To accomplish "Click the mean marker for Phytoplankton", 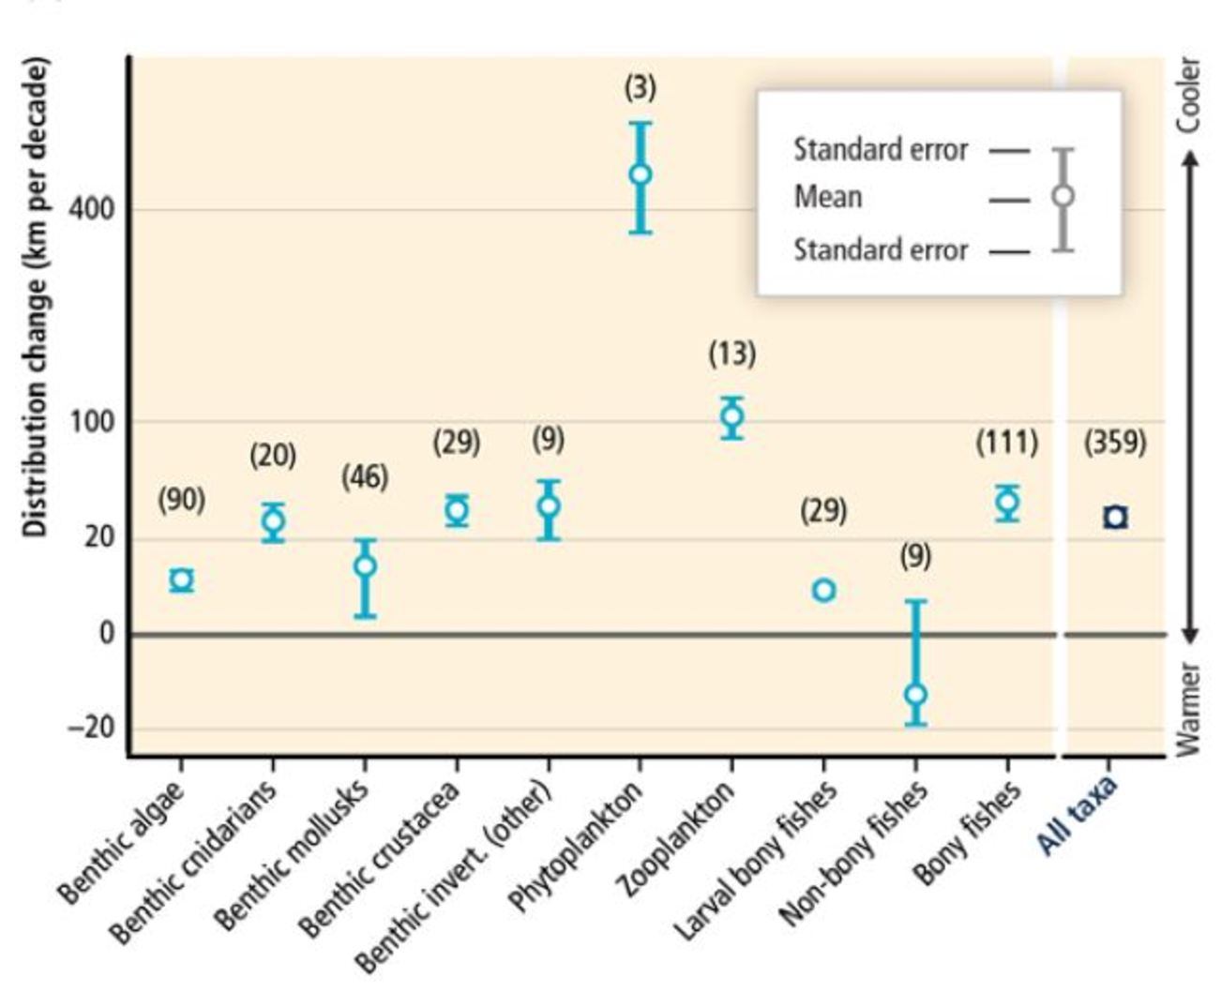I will [641, 174].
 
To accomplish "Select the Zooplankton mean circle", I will [732, 416].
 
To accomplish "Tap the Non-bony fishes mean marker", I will [916, 695].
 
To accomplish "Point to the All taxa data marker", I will [1115, 518].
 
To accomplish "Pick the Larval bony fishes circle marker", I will [824, 590].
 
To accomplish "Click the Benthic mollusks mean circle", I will [366, 565].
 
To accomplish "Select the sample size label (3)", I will [641, 88].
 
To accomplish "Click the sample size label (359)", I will [1115, 442].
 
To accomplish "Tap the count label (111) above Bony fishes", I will [1007, 442].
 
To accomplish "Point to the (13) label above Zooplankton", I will [732, 354].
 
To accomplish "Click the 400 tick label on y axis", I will [92, 208].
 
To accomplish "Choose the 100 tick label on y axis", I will [92, 421].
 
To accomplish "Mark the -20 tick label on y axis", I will [90, 728].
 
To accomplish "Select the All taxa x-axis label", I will [1078, 815].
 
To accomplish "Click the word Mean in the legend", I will [828, 197].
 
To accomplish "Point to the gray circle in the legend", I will [1063, 196].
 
